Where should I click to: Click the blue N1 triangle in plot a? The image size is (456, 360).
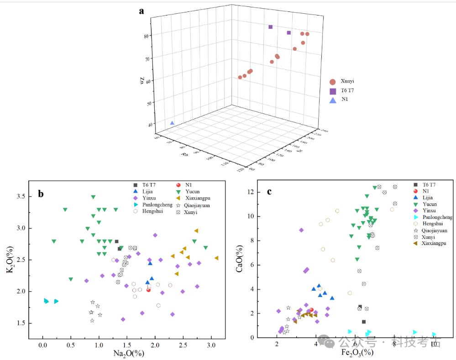172,123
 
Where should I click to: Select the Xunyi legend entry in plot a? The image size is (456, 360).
347,81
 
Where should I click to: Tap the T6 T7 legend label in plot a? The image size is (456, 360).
347,90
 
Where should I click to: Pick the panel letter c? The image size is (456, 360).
269,192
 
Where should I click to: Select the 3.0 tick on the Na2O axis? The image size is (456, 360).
211,345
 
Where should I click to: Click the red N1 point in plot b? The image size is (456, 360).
148,290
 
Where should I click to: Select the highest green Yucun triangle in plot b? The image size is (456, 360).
93,197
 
